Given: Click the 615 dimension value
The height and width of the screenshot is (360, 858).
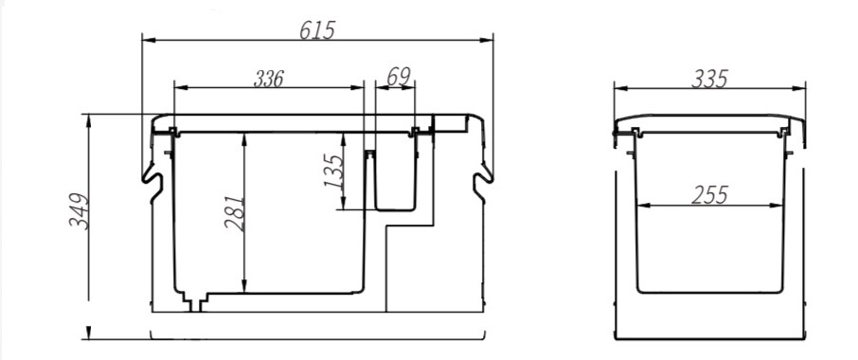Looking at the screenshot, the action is pyautogui.click(x=317, y=30).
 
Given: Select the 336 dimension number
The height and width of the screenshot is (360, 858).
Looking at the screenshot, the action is pyautogui.click(x=269, y=79).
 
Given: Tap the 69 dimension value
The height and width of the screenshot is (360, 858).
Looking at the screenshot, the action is pyautogui.click(x=399, y=77).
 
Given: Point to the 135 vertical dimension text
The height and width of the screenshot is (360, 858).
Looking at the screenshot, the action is pyautogui.click(x=333, y=171).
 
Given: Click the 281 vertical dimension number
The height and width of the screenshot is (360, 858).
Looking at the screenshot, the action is pyautogui.click(x=235, y=213).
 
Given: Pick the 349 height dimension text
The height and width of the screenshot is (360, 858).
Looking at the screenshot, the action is pyautogui.click(x=79, y=211).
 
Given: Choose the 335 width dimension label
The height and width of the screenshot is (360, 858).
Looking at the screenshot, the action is pyautogui.click(x=709, y=79).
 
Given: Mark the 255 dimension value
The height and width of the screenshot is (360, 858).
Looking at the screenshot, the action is pyautogui.click(x=709, y=195).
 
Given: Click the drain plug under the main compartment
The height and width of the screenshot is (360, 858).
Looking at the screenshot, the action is pyautogui.click(x=195, y=302).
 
